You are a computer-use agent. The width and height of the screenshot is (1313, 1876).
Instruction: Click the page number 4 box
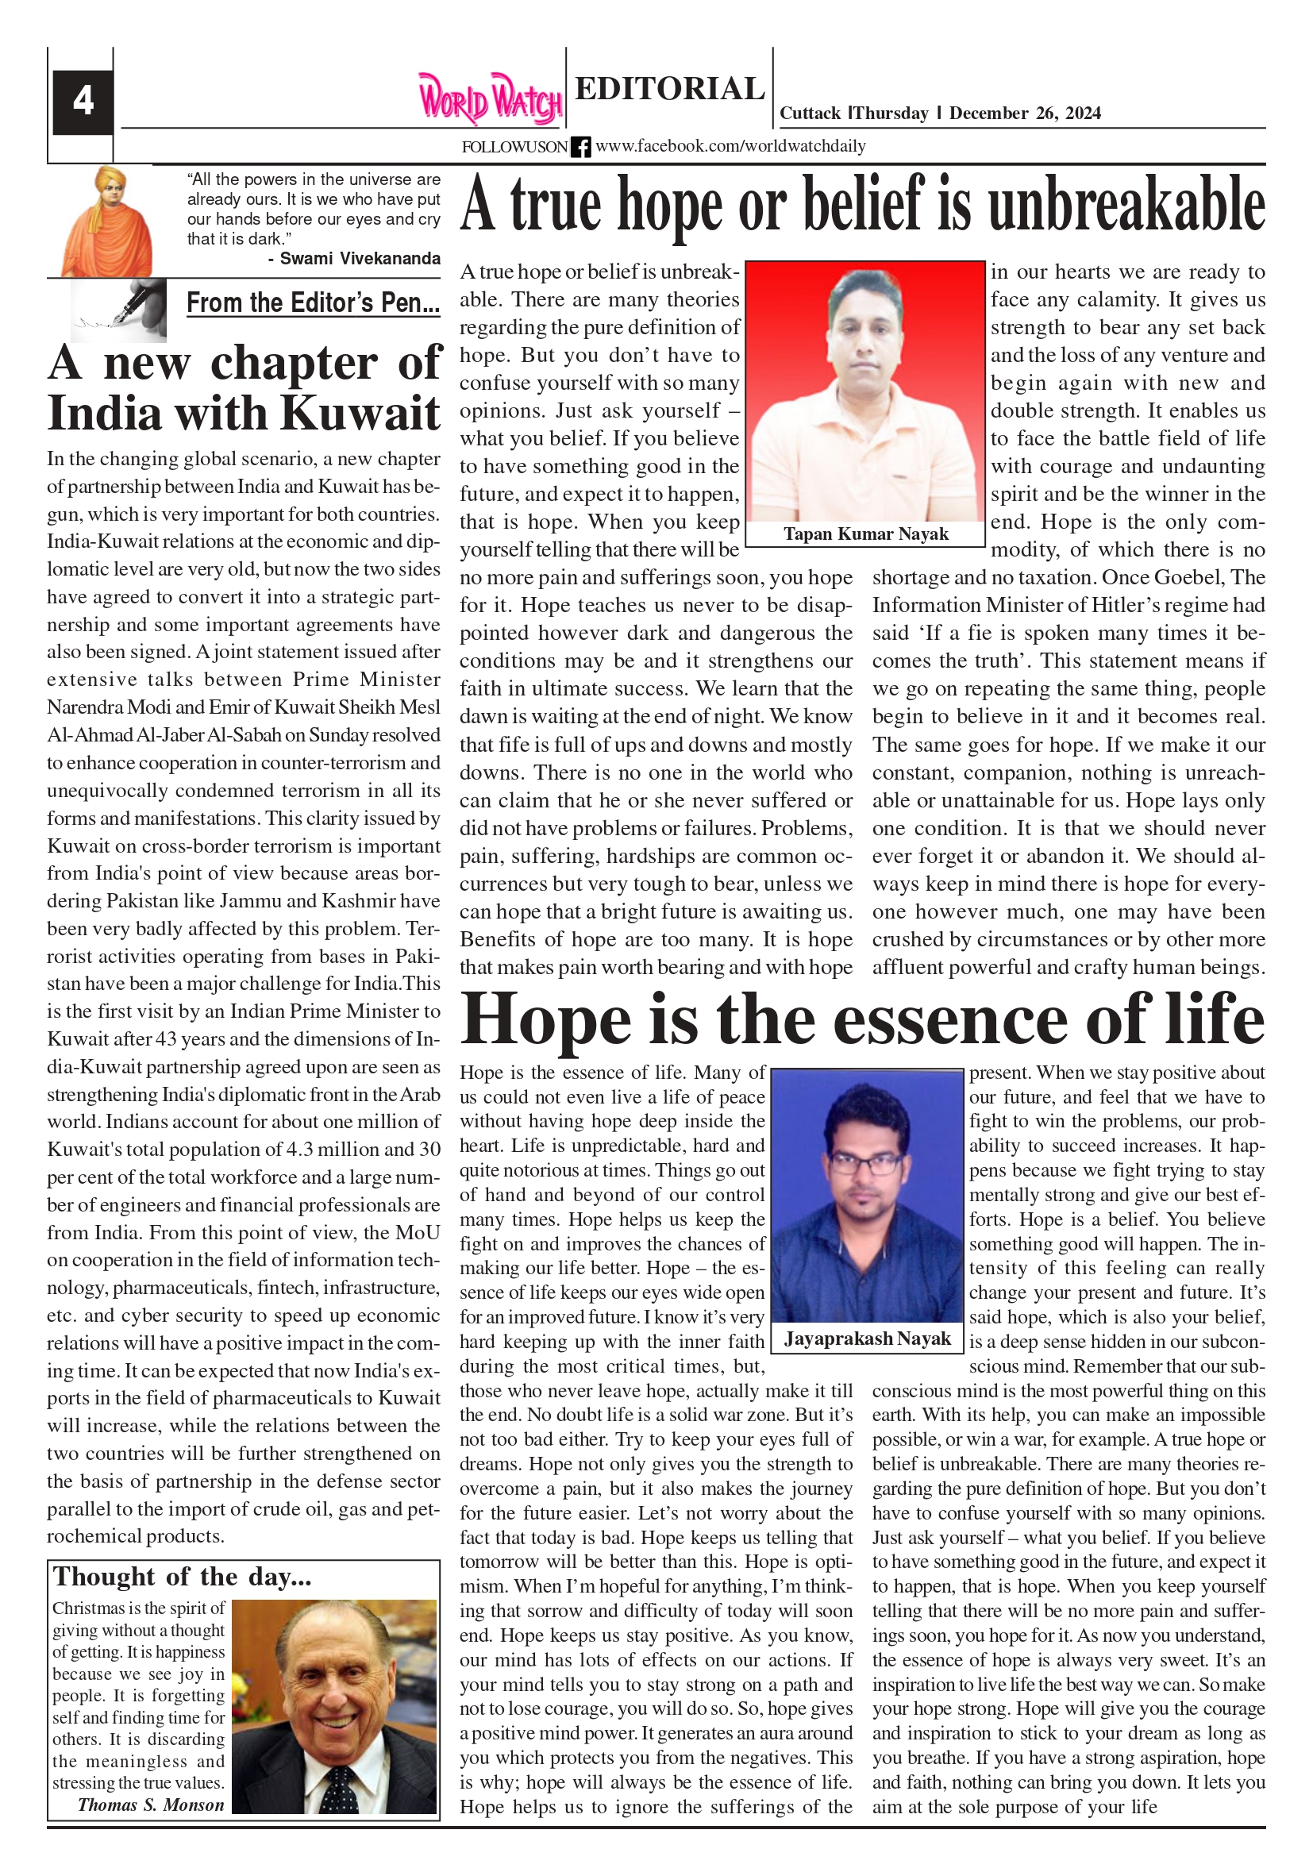[x=83, y=102]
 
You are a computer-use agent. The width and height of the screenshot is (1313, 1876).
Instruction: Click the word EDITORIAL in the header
[x=669, y=88]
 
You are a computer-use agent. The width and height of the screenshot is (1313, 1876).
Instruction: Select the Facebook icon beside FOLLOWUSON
[x=580, y=147]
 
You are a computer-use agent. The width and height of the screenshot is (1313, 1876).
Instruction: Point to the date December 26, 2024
[x=1025, y=114]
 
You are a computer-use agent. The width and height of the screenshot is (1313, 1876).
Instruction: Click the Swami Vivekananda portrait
[x=107, y=221]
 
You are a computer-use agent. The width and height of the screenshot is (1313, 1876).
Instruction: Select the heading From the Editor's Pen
[x=313, y=303]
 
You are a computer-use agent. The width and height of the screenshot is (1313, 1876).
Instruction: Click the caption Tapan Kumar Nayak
[x=866, y=534]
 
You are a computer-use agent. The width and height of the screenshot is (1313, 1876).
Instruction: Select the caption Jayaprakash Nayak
[x=867, y=1339]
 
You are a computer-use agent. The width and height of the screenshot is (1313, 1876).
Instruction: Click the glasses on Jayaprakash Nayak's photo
[x=866, y=1163]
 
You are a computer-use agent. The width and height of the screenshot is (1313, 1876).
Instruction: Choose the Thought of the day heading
[x=183, y=1576]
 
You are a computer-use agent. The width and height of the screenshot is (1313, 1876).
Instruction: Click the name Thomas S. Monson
[x=150, y=1805]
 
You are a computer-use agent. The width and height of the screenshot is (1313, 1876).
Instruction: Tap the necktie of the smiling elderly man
[x=337, y=1790]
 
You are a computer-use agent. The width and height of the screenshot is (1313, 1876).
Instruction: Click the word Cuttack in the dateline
[x=810, y=114]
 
